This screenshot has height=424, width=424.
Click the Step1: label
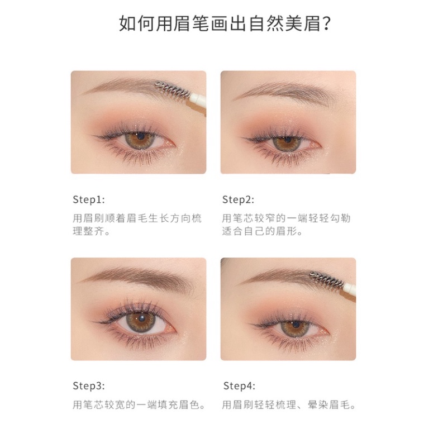(88, 199)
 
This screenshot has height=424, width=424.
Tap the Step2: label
(238, 199)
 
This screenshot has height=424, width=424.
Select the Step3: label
(88, 385)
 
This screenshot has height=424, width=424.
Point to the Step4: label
(239, 385)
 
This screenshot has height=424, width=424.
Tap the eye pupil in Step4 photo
(291, 327)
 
